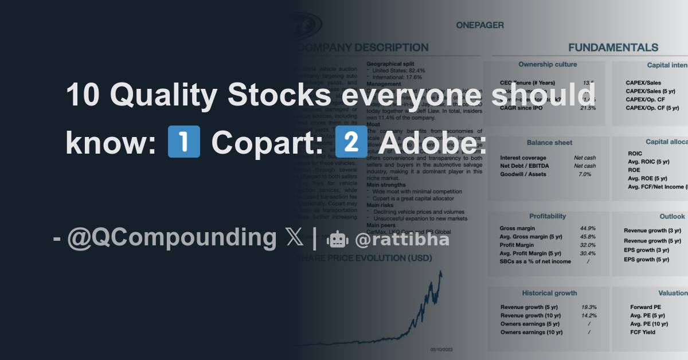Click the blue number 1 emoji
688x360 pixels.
click(x=183, y=142)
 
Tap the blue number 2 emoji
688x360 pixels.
click(x=347, y=142)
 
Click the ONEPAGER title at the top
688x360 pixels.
click(x=480, y=25)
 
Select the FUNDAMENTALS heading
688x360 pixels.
click(x=613, y=48)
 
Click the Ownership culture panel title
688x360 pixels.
click(x=548, y=65)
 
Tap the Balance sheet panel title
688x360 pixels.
click(x=549, y=142)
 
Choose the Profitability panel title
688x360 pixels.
click(x=547, y=216)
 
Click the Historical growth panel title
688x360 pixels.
click(x=549, y=293)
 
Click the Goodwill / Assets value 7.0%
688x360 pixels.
click(x=585, y=174)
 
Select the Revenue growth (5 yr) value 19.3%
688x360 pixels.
click(x=588, y=307)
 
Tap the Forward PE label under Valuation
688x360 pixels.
click(x=645, y=307)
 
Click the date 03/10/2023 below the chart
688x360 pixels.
click(x=441, y=349)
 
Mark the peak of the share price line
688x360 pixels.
click(x=440, y=271)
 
